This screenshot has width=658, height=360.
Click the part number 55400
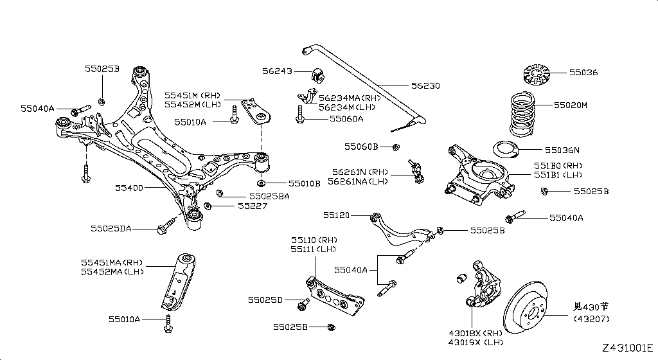pyautogui.click(x=130, y=188)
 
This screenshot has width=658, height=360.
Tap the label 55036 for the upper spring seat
pyautogui.click(x=583, y=73)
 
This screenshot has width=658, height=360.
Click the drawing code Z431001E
pyautogui.click(x=627, y=348)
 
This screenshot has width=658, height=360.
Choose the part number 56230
pyautogui.click(x=425, y=85)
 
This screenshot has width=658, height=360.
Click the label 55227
pyautogui.click(x=252, y=206)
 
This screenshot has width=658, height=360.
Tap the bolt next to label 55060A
pyautogui.click(x=300, y=119)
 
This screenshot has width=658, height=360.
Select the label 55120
pyautogui.click(x=337, y=215)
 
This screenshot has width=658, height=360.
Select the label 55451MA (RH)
pyautogui.click(x=112, y=262)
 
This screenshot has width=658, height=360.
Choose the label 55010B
pyautogui.click(x=304, y=183)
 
